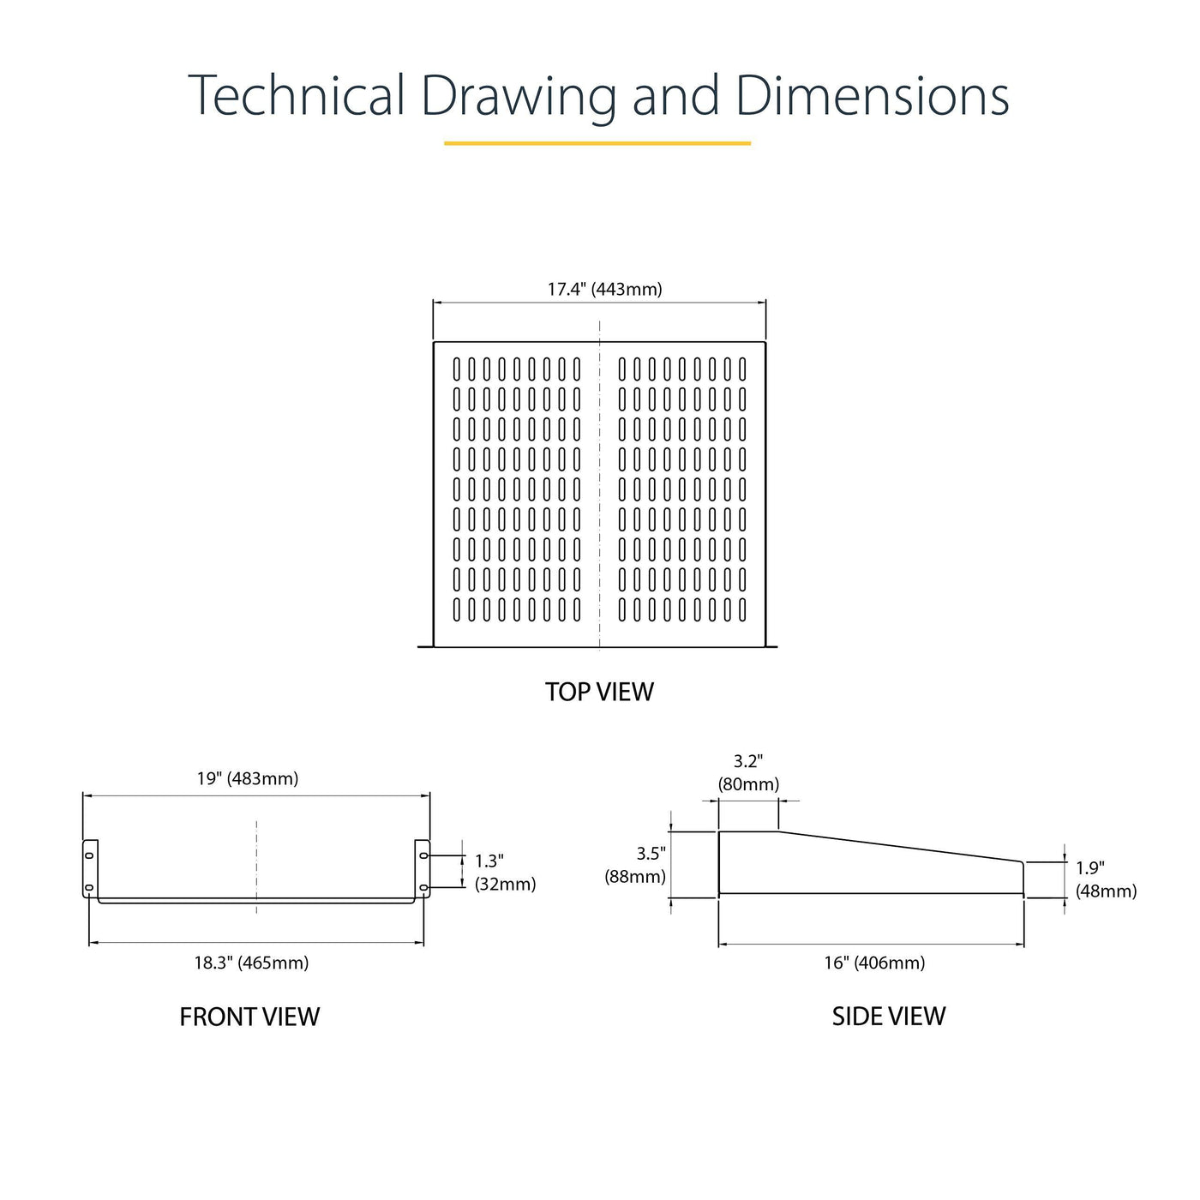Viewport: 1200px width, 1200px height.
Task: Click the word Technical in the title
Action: (x=297, y=95)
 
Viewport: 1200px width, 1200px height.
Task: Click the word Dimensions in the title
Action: (x=872, y=95)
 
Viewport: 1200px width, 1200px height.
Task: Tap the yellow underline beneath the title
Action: (x=597, y=143)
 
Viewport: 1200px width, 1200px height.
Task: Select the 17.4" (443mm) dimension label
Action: (x=604, y=290)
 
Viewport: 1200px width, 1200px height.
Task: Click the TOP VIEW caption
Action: (x=600, y=692)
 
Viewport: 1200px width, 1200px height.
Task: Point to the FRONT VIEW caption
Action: (x=249, y=1017)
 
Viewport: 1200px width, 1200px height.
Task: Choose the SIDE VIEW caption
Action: (x=889, y=1017)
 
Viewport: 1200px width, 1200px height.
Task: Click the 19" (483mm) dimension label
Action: (x=248, y=778)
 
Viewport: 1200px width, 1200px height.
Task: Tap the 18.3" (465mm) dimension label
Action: (x=252, y=963)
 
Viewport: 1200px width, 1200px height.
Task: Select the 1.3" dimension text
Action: (x=489, y=861)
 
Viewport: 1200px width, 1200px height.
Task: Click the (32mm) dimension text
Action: (x=505, y=885)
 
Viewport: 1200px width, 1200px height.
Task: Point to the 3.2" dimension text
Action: (x=748, y=761)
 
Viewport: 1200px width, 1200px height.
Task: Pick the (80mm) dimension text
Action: (x=748, y=784)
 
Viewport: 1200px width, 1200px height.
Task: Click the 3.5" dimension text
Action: (x=651, y=854)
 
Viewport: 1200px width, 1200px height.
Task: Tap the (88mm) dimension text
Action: (x=635, y=877)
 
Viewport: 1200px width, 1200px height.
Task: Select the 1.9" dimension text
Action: (x=1090, y=868)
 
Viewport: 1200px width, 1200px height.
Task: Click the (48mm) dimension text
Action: (x=1107, y=891)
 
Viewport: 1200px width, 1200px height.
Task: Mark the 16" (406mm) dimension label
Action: (x=874, y=963)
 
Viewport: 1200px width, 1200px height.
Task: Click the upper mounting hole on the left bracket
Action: (x=89, y=855)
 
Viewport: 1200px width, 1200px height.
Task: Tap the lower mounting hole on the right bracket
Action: (x=423, y=887)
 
